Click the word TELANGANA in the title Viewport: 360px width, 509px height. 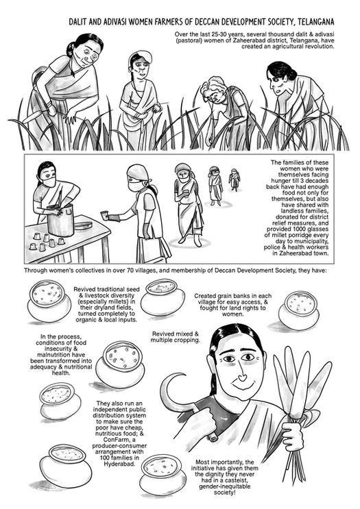click(x=315, y=22)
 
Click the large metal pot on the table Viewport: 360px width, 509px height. click(x=60, y=220)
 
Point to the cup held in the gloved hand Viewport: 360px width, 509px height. click(x=104, y=215)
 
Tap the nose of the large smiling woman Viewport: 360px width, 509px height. click(x=241, y=377)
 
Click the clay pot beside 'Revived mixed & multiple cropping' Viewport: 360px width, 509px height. click(x=120, y=364)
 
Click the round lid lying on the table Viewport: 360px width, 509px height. click(x=83, y=225)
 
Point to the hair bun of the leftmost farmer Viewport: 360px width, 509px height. click(x=71, y=49)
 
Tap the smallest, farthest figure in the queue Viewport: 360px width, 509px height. click(x=234, y=179)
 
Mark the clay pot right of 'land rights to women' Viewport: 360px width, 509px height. click(x=298, y=310)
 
